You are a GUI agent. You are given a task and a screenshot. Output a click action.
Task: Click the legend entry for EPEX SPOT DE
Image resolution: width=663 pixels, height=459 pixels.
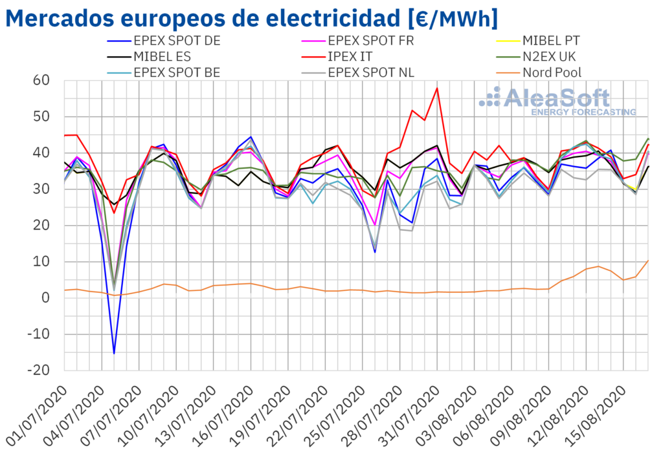(x=176, y=40)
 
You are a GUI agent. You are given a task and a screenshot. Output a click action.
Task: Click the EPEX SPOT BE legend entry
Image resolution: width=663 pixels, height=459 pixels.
(x=177, y=72)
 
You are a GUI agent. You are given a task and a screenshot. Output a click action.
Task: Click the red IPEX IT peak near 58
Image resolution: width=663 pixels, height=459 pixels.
(x=438, y=88)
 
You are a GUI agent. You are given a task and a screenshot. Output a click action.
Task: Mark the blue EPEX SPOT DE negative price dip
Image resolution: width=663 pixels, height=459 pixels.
(x=114, y=353)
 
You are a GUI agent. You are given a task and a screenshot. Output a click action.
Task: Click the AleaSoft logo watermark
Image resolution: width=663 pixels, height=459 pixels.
(x=557, y=101)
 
